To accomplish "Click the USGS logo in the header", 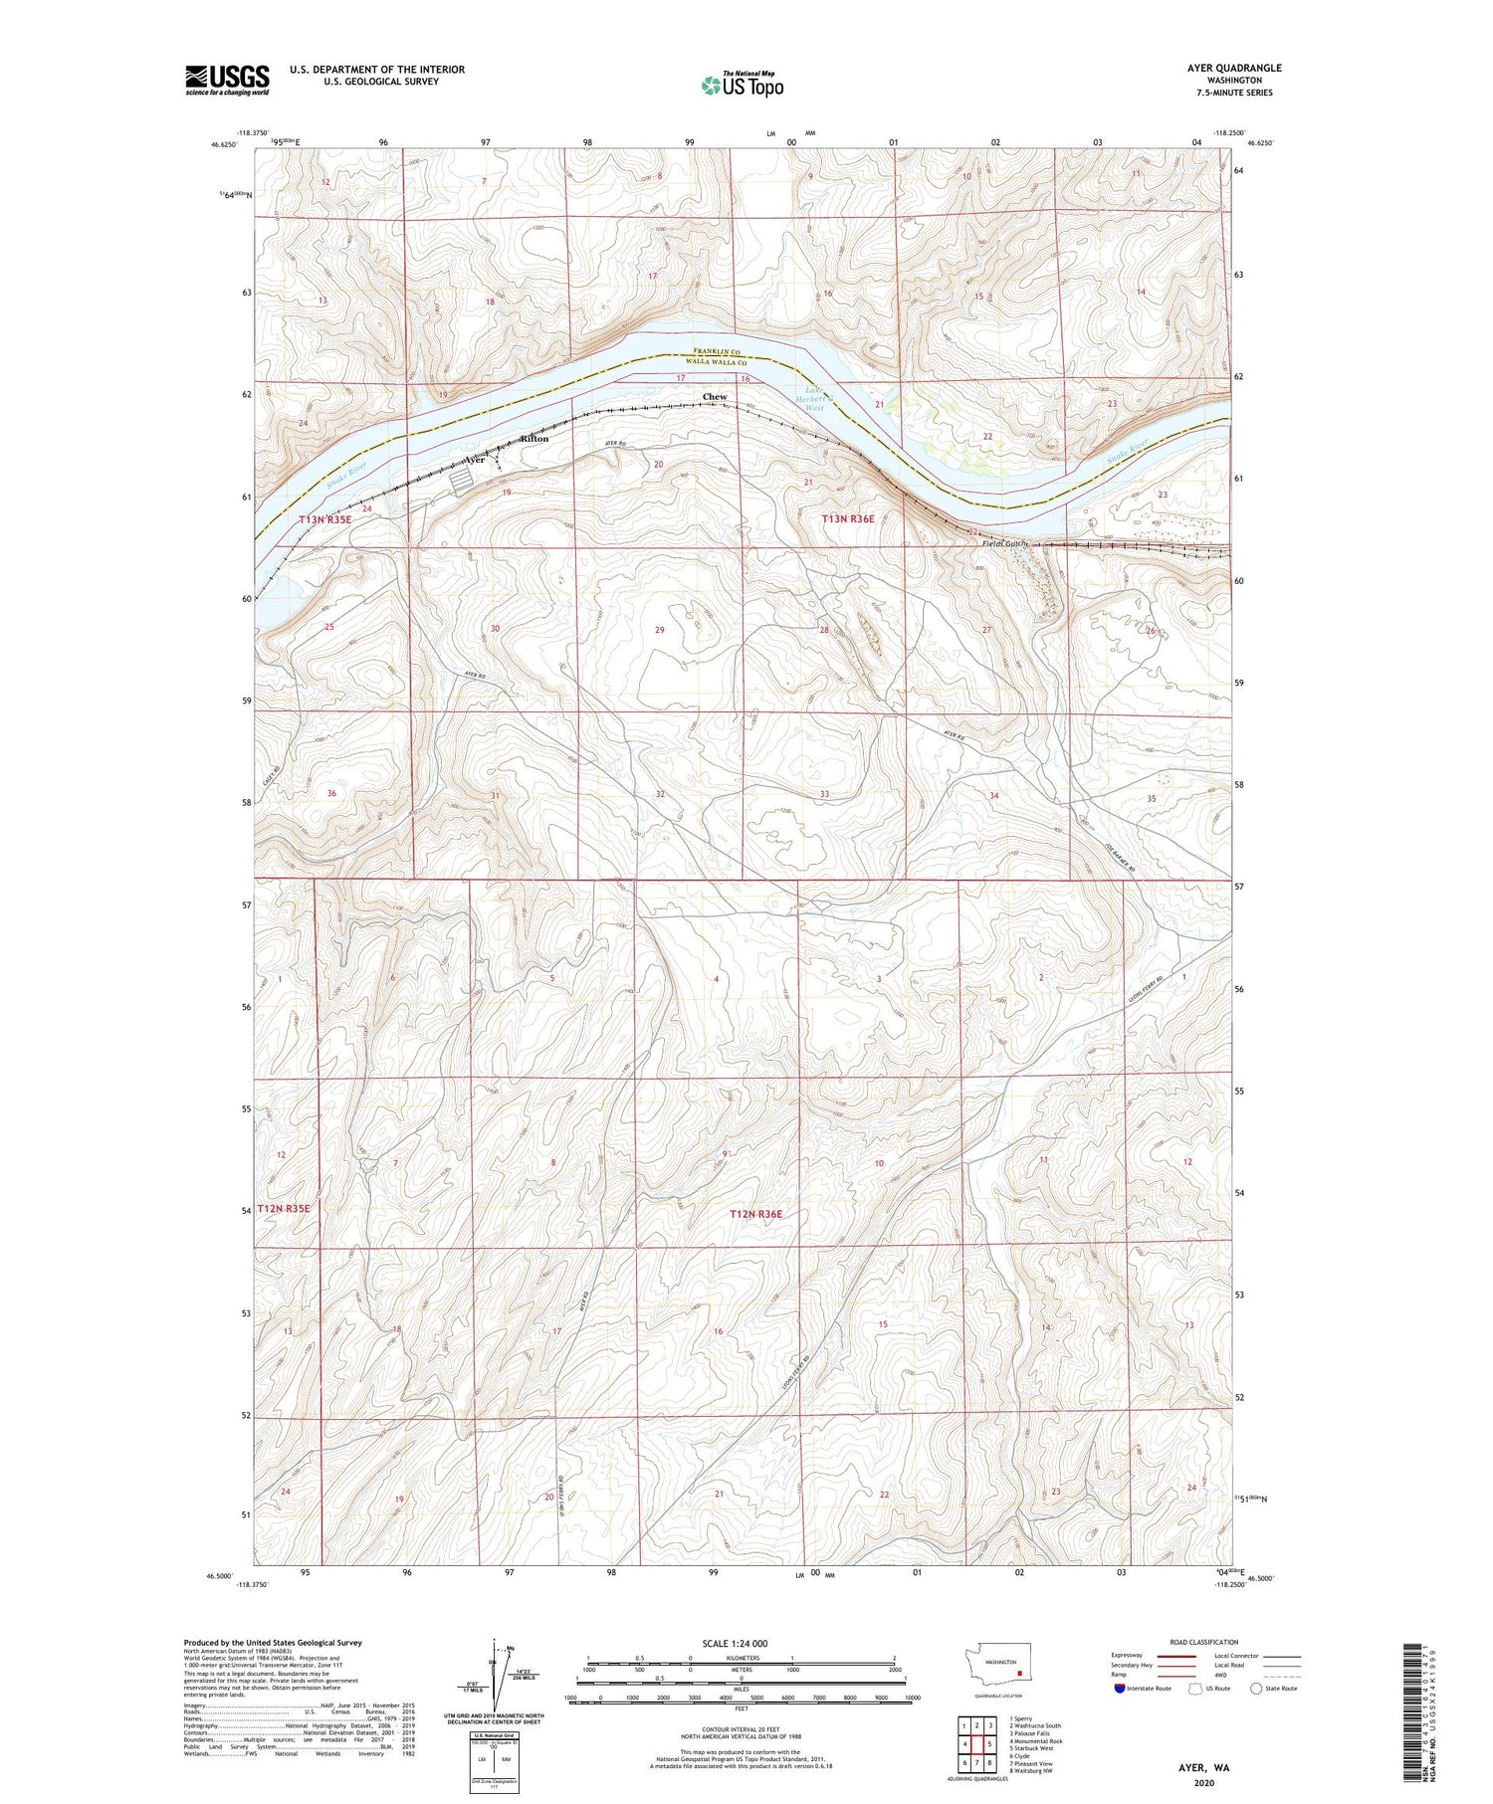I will click(x=227, y=80).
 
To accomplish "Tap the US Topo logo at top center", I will click(x=742, y=85).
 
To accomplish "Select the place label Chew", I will click(x=715, y=397).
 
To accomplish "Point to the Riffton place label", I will click(x=534, y=439).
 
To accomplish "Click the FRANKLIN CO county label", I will click(x=718, y=352).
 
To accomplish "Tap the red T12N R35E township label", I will click(x=285, y=1208).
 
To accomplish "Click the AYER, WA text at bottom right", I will click(x=1204, y=1768).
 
